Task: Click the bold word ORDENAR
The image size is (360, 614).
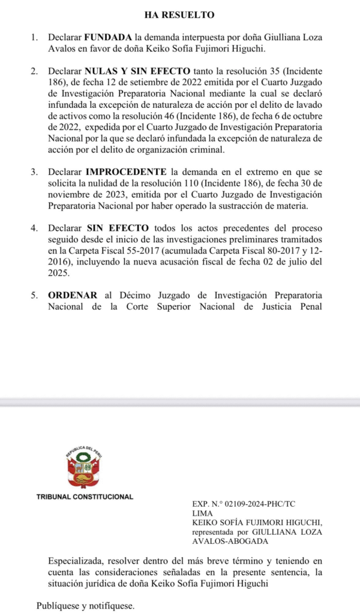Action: (x=73, y=296)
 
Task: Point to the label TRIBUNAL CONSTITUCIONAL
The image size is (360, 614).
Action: (x=85, y=497)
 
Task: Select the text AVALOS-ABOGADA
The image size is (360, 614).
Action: (x=222, y=541)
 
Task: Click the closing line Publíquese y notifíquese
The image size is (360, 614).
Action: (x=85, y=605)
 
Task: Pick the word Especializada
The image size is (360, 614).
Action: (x=77, y=562)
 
